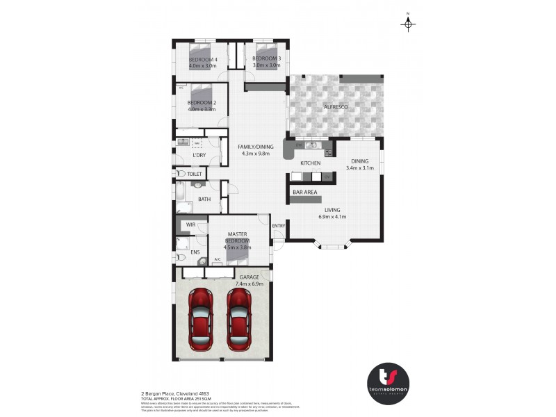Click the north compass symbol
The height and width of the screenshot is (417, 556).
[x=409, y=24]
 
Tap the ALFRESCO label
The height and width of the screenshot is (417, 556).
[x=334, y=106]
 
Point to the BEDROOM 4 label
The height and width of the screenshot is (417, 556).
[x=203, y=59]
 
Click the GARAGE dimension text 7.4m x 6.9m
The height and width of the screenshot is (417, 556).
[x=249, y=284]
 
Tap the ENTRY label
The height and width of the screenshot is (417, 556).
[x=279, y=225]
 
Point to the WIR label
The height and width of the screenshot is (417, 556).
[x=190, y=224]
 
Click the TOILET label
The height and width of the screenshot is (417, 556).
[x=194, y=174]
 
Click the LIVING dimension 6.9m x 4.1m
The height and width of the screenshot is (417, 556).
[x=332, y=217]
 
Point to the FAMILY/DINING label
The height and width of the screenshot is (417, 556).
[x=255, y=147]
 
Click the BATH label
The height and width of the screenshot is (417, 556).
[x=204, y=199]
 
